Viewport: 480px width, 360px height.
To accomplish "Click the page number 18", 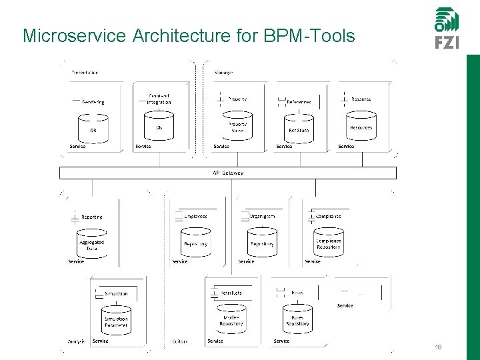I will coord(438,347).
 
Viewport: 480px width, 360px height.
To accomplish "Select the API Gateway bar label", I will coord(227,173).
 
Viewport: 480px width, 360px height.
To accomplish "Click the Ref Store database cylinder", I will coord(299,127).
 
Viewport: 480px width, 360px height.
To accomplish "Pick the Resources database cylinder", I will coord(361,126).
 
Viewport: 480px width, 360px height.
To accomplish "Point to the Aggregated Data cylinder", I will coord(91,244).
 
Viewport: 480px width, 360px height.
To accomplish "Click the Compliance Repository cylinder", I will coord(328,243).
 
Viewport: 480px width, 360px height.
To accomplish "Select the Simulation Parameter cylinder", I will coord(115,321).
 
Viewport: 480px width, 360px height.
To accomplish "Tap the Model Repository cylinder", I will coord(231,320).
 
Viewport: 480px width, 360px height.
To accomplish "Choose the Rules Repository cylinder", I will coord(297,320).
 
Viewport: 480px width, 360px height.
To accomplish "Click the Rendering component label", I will coord(93,102).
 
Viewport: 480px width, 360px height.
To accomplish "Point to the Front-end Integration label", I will coord(159,99).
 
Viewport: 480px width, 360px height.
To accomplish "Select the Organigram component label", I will coord(262,216).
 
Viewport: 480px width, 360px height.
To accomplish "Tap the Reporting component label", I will coord(91,217).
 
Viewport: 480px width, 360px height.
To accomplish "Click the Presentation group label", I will coord(85,72).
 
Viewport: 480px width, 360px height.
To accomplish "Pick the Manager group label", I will coord(223,72).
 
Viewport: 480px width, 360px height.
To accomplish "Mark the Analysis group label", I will coord(75,341).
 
